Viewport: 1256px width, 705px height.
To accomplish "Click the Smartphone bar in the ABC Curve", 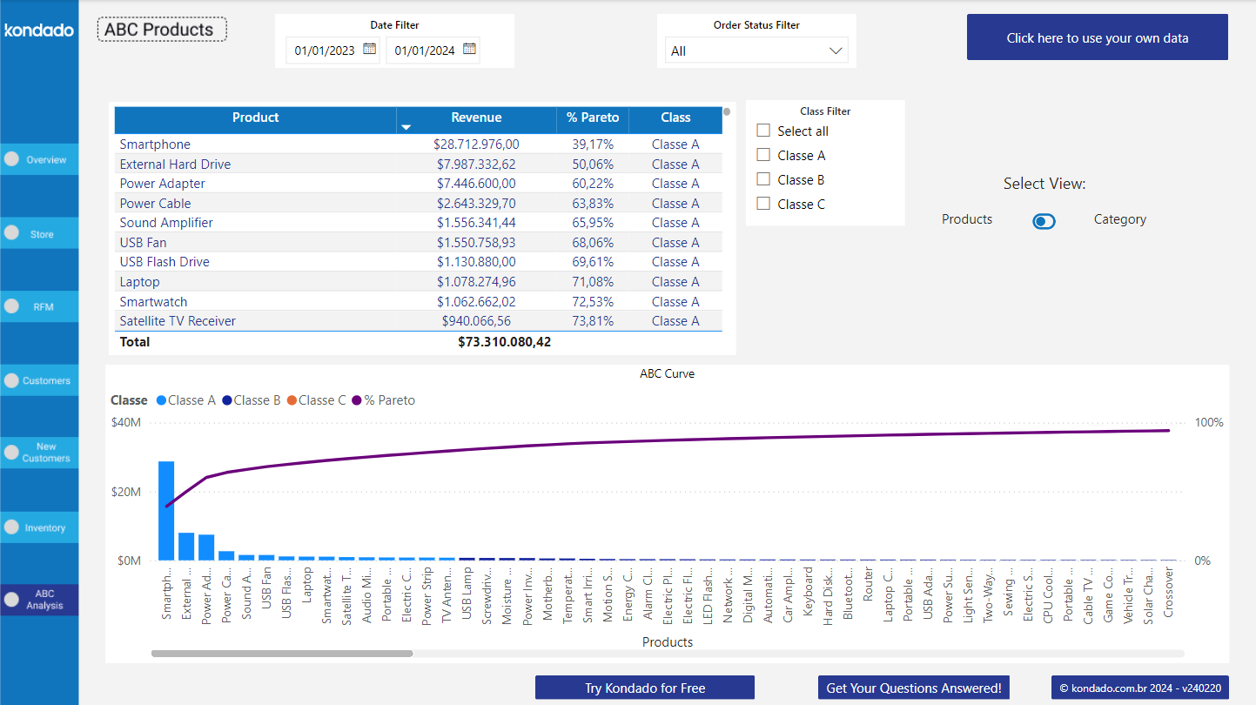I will (165, 511).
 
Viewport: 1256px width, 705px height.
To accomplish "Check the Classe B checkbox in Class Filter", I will (763, 179).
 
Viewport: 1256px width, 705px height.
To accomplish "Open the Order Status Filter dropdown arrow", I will (836, 50).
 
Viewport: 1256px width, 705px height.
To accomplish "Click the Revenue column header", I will (476, 117).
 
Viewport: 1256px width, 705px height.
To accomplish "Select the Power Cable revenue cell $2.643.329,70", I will (476, 204).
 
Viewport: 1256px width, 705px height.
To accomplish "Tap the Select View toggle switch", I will (1044, 221).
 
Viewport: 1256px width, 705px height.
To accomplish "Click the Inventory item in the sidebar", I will (39, 527).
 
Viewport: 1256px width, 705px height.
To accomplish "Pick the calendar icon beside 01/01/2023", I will (369, 50).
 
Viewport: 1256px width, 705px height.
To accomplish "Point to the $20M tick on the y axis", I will (126, 492).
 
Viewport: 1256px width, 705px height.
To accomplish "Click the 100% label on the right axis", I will (1209, 422).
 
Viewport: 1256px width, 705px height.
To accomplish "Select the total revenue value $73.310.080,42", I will (504, 342).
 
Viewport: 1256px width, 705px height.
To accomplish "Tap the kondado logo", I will (39, 30).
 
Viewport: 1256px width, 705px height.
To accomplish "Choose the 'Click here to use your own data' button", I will (1097, 37).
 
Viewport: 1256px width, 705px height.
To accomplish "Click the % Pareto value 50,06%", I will (592, 164).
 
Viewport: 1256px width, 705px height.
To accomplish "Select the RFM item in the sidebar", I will (39, 306).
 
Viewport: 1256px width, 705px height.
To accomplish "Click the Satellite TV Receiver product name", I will (178, 321).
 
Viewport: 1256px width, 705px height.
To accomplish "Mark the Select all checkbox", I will (763, 131).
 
